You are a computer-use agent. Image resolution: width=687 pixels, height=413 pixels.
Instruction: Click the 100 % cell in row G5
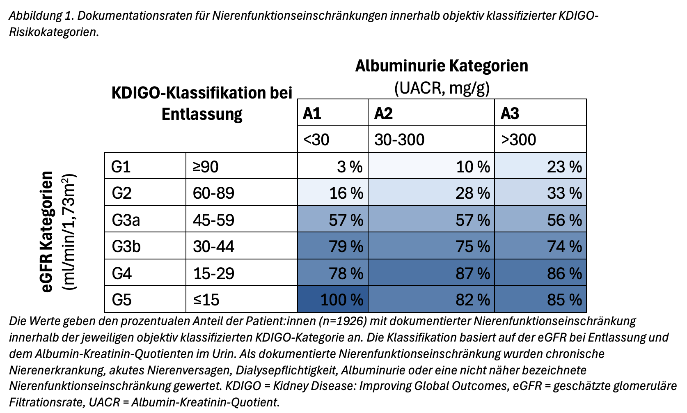click(x=333, y=299)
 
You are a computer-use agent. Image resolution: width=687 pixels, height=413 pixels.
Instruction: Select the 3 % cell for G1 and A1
click(x=333, y=166)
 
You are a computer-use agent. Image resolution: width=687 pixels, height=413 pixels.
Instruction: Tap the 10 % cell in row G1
click(x=431, y=166)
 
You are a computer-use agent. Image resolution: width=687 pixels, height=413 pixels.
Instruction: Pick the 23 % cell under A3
click(x=540, y=166)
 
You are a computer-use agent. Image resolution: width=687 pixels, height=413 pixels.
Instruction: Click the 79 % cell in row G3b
click(x=333, y=246)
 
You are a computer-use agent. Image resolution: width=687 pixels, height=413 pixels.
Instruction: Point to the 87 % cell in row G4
click(x=431, y=273)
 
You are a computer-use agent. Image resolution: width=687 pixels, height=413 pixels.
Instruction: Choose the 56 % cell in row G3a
click(x=540, y=219)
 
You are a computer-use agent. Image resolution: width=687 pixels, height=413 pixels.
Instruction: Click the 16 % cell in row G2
click(x=333, y=193)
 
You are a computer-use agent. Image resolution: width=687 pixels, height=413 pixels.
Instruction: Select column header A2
click(x=431, y=112)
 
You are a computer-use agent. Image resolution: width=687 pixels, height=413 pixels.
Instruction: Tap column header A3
click(x=540, y=112)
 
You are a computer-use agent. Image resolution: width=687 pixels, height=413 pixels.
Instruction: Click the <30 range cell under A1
click(x=333, y=139)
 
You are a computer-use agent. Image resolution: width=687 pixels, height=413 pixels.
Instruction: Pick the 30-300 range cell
click(x=431, y=139)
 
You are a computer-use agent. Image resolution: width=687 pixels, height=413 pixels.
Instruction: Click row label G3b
click(x=145, y=246)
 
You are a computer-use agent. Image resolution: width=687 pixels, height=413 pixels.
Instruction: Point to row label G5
click(x=145, y=299)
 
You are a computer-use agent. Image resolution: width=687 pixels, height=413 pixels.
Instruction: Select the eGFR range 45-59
click(x=241, y=219)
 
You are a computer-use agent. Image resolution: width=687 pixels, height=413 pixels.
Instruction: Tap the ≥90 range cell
click(x=241, y=166)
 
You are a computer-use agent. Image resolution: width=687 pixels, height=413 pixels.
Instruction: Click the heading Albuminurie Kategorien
click(x=442, y=66)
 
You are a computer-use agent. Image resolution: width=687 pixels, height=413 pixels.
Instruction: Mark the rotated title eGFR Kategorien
click(x=47, y=232)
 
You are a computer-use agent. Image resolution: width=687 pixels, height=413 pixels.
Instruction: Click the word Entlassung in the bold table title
click(x=202, y=114)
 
